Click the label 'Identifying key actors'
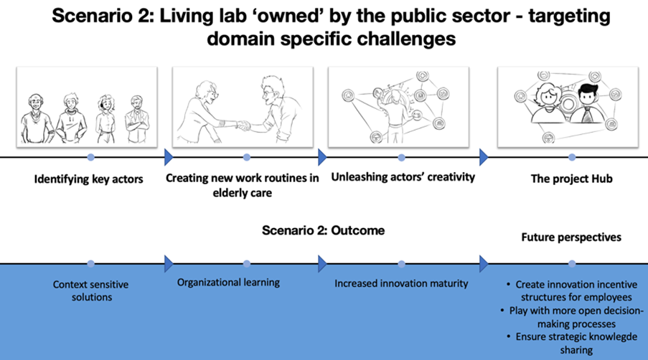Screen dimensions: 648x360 (88, 179)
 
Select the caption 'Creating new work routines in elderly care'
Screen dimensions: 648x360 (242, 185)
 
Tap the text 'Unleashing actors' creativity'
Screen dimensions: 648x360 (403, 177)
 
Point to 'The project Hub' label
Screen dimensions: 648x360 (571, 179)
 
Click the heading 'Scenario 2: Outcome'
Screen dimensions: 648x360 (323, 230)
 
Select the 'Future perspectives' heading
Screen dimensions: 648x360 (571, 237)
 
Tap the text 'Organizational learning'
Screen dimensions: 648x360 (228, 283)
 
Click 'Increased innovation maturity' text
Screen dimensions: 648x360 (401, 283)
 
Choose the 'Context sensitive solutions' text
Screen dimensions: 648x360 (91, 290)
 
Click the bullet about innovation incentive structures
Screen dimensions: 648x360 (573, 290)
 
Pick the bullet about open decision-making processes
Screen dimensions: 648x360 (573, 317)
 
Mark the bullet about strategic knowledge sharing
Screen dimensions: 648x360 (573, 344)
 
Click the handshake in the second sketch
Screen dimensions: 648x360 (243, 125)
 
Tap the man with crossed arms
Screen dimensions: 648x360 (137, 119)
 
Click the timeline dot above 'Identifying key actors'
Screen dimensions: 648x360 (91, 157)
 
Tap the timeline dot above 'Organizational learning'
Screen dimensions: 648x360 (247, 264)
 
